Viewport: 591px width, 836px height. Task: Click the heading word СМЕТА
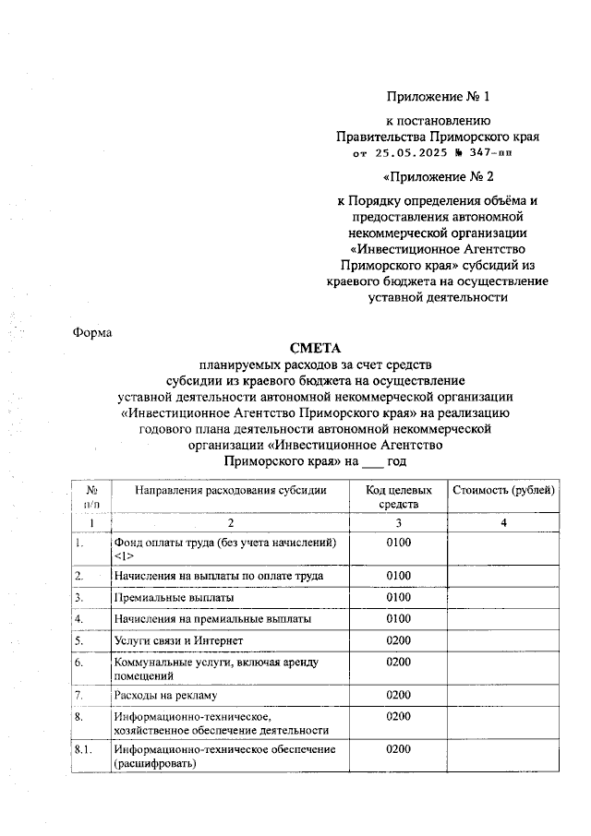pyautogui.click(x=317, y=348)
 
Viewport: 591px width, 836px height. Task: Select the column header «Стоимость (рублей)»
pyautogui.click(x=504, y=489)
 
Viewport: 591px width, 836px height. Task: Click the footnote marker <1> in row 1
pyautogui.click(x=125, y=556)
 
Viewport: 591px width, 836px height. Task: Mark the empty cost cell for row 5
pyautogui.click(x=504, y=639)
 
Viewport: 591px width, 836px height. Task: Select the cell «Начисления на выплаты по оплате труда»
pyautogui.click(x=218, y=576)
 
